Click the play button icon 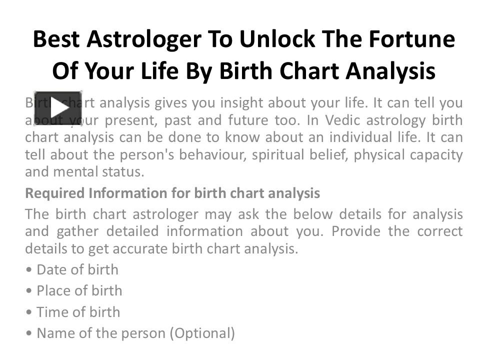(x=57, y=107)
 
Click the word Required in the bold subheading (x=55, y=193)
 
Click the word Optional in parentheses (x=202, y=333)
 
